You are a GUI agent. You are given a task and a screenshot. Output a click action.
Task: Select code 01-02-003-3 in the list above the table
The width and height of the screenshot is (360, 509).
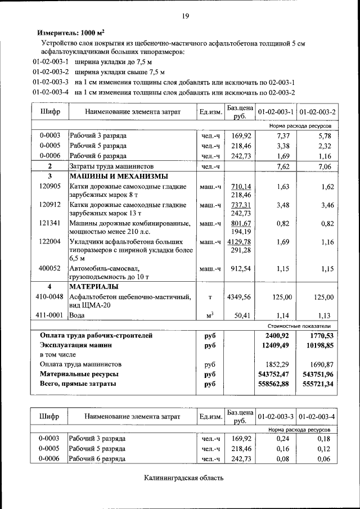(51, 82)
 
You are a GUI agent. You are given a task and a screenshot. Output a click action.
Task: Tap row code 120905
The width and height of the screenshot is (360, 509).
(50, 186)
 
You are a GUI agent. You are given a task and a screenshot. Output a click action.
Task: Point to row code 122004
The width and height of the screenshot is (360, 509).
(50, 242)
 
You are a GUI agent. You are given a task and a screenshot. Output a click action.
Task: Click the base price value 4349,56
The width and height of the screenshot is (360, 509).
(239, 296)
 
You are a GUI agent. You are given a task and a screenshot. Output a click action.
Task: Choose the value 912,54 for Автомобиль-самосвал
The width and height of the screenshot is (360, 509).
(239, 268)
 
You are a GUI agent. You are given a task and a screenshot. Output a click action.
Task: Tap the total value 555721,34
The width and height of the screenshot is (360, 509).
(317, 384)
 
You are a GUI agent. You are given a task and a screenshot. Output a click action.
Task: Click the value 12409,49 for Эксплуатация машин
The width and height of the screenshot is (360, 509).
(275, 345)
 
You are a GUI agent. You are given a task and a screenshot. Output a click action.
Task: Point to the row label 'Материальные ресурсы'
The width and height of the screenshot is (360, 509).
(79, 374)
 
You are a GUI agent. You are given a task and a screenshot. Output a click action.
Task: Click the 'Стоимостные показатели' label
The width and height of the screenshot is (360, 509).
(298, 326)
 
